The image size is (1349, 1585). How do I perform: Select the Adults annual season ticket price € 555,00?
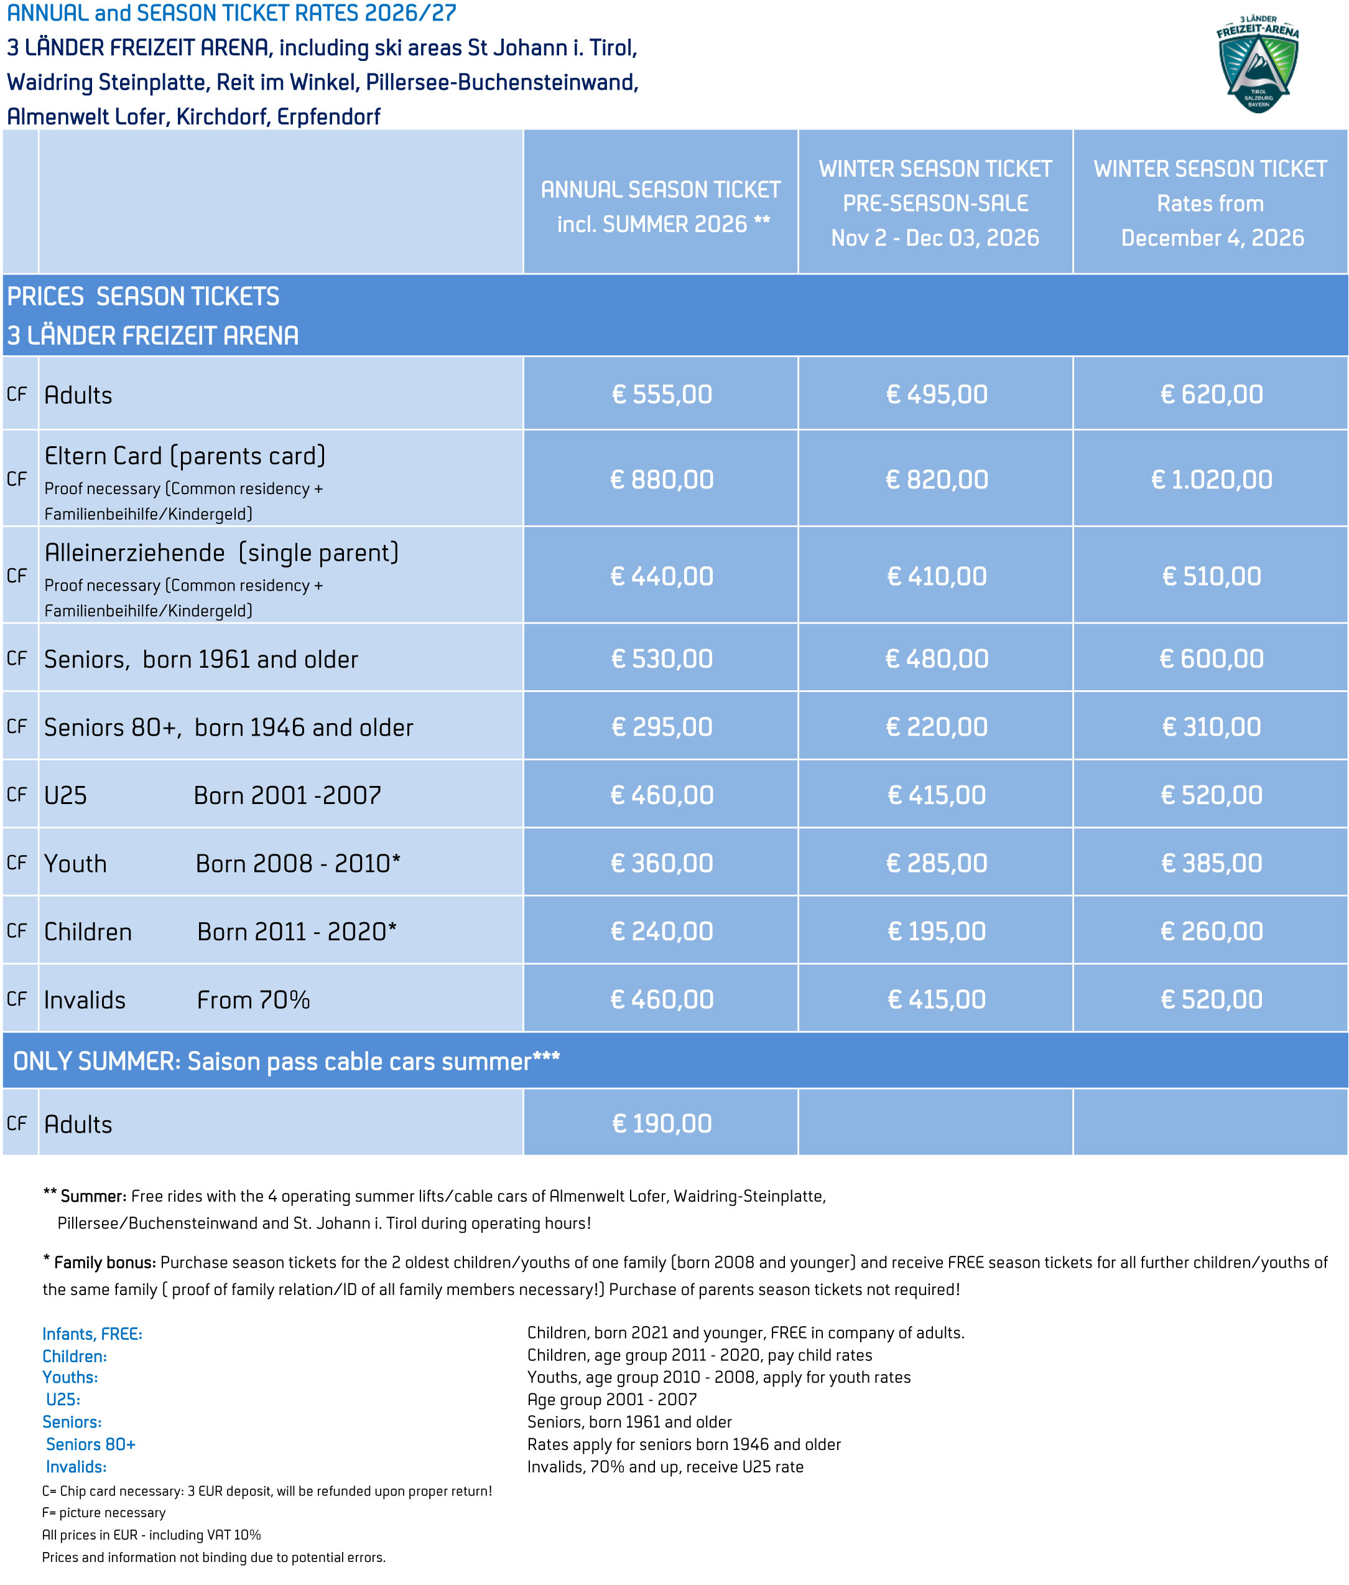tap(662, 395)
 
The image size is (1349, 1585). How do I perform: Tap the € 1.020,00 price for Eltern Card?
tap(1212, 480)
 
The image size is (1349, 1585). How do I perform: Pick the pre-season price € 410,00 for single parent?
tap(936, 576)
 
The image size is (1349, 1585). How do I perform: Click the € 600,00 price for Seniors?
tap(1212, 658)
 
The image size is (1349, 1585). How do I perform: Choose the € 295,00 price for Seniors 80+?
tap(662, 727)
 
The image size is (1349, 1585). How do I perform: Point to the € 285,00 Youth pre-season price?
tap(936, 864)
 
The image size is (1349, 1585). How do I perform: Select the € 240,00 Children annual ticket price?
tap(662, 932)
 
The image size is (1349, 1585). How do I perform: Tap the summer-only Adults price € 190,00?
tap(662, 1124)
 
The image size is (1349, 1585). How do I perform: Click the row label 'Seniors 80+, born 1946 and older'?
tap(228, 727)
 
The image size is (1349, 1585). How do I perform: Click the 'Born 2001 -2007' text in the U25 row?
tap(287, 795)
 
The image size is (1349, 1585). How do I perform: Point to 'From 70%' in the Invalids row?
tap(253, 1000)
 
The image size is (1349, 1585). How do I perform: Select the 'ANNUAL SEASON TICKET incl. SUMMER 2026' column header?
tap(661, 207)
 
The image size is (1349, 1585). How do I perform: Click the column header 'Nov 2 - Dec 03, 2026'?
tap(935, 238)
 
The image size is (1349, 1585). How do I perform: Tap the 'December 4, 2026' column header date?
tap(1212, 238)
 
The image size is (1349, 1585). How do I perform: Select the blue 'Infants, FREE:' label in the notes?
tap(93, 1334)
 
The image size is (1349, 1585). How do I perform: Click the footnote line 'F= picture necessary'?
tap(104, 1512)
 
